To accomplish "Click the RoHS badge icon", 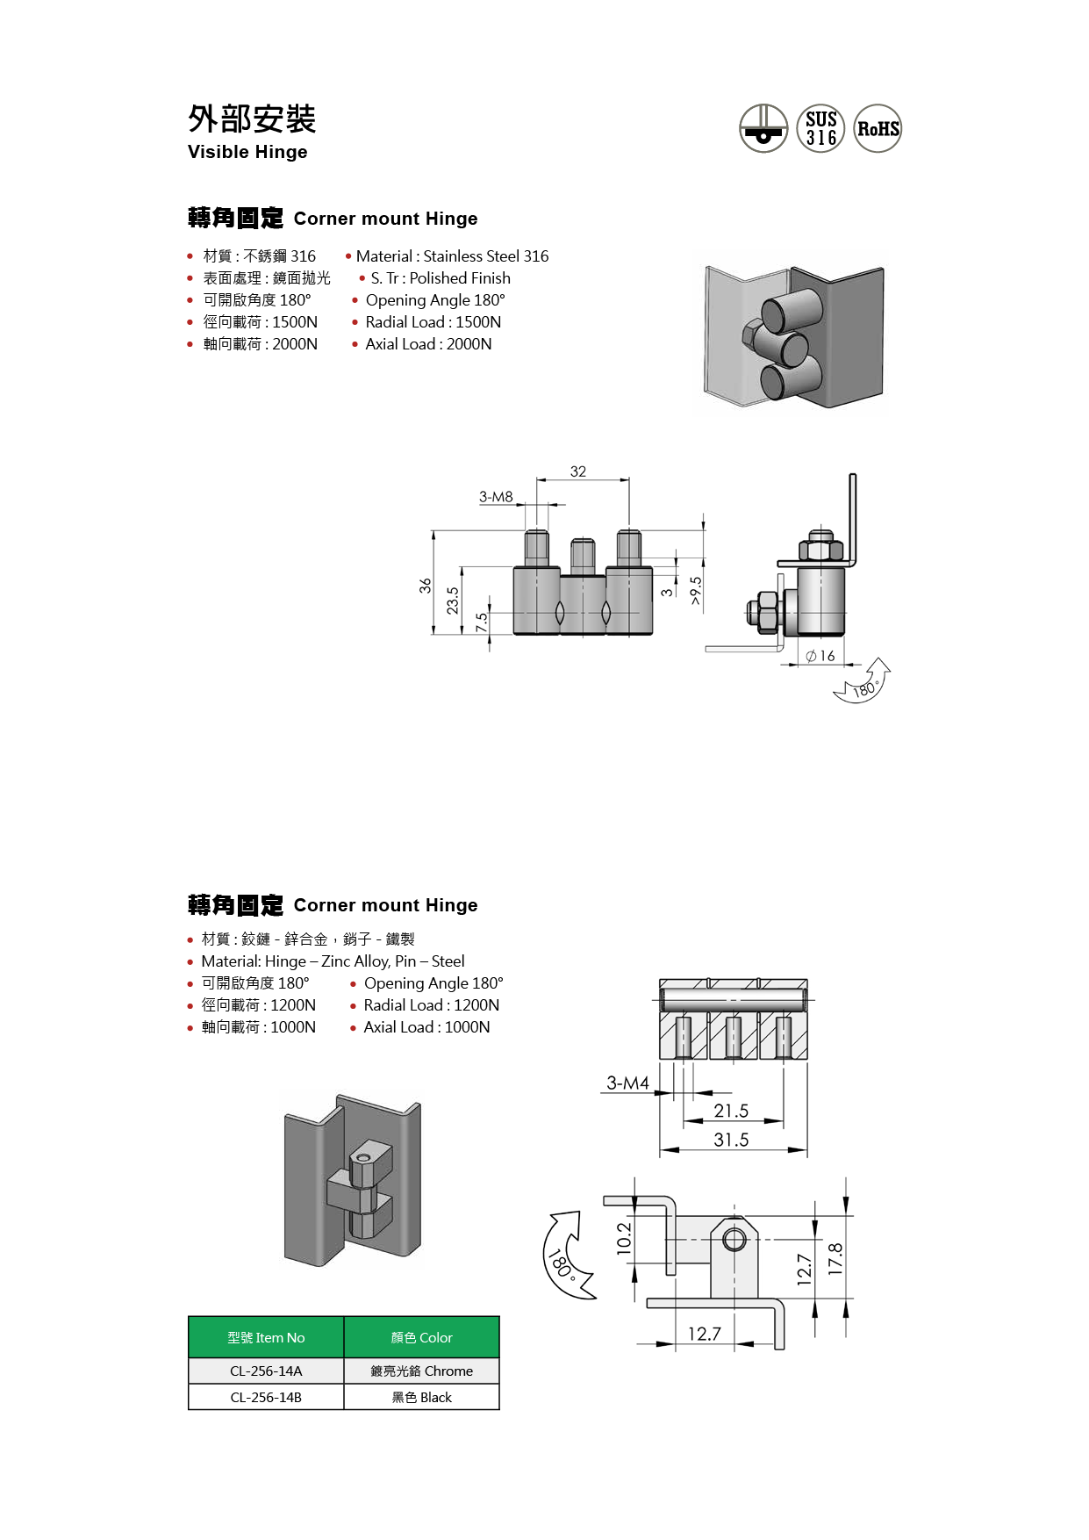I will point(878,129).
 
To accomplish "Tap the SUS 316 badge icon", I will point(820,129).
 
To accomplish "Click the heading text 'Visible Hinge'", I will point(247,152).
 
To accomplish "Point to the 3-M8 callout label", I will point(496,497).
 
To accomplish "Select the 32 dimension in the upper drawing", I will point(578,471).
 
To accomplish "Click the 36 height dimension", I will point(426,586).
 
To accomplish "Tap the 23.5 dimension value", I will point(453,601).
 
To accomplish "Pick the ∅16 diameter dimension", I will point(820,656).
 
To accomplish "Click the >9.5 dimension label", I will point(696,591).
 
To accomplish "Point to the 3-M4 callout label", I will point(628,1083).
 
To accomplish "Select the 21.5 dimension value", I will point(731,1112).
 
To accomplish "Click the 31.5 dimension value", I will point(731,1141).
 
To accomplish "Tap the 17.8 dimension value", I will point(835,1259).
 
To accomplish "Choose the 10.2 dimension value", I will point(624,1239).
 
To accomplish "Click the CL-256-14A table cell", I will point(266,1371).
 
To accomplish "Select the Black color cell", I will point(422,1398).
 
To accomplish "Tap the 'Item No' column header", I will point(266,1338).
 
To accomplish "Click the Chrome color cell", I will point(422,1371).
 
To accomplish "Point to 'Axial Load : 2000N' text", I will point(428,344).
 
